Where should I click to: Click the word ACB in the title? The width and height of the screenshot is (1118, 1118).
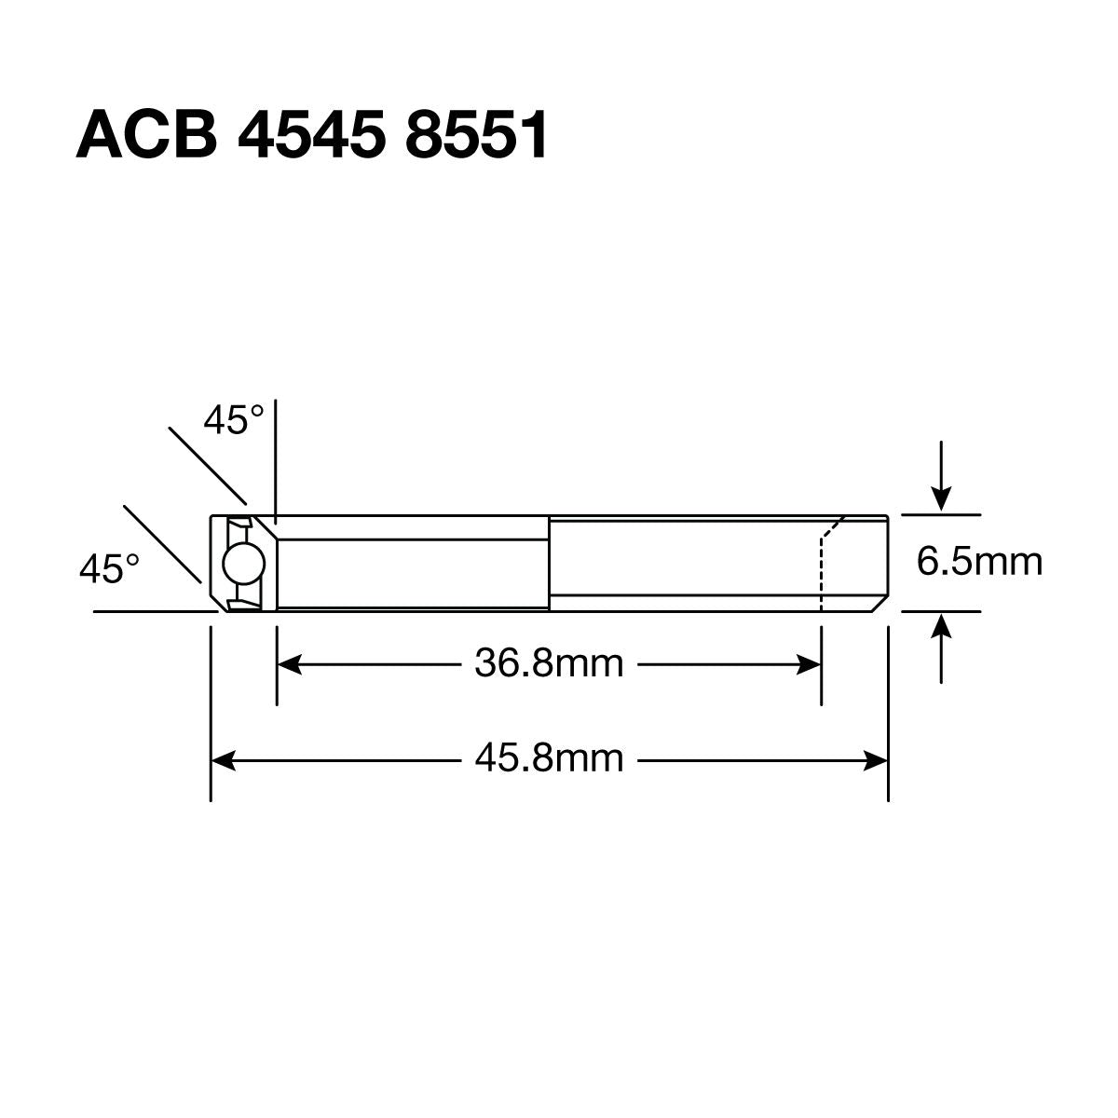[146, 135]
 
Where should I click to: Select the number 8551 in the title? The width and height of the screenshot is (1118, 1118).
[477, 135]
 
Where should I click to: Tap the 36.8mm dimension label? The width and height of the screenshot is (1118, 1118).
[549, 664]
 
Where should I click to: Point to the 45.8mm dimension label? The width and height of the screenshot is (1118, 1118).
[549, 759]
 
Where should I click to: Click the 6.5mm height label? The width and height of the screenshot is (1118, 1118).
[979, 562]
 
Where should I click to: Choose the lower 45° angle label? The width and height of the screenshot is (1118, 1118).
[109, 568]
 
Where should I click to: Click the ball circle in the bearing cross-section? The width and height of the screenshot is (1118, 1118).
[244, 564]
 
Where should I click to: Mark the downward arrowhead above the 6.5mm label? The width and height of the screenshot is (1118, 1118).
[943, 500]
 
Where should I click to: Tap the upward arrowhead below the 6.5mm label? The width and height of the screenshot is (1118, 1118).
[943, 625]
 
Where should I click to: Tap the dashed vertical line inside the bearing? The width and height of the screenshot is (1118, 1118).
[821, 573]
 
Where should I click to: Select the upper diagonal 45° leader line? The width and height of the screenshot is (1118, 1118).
[207, 463]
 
